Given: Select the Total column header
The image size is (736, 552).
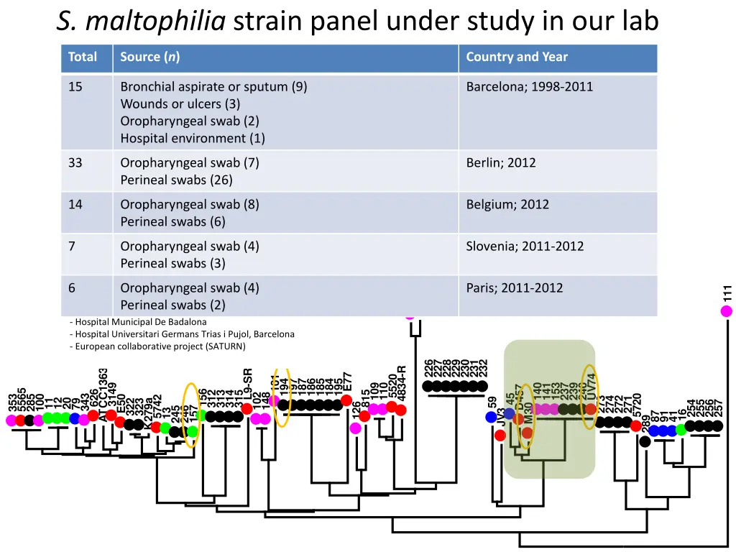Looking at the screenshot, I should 82,57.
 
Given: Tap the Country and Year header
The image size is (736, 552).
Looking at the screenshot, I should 516,57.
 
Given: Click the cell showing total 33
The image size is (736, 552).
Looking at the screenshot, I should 75,162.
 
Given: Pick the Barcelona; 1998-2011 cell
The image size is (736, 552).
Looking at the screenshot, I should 529,87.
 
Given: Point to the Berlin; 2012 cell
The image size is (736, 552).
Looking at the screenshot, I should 500,162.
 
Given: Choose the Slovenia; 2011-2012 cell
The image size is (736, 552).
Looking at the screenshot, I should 525,246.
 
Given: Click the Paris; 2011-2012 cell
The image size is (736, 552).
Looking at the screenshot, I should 514,287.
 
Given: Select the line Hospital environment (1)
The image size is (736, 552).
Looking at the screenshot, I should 192,138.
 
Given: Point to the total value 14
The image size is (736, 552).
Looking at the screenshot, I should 75,204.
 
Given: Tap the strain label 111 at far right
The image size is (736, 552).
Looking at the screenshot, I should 727,293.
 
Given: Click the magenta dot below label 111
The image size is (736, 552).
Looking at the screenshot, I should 727,311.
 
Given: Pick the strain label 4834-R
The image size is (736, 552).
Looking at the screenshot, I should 401,385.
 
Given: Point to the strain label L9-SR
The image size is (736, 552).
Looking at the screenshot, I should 247,385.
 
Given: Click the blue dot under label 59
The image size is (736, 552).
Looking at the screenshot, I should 491,417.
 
